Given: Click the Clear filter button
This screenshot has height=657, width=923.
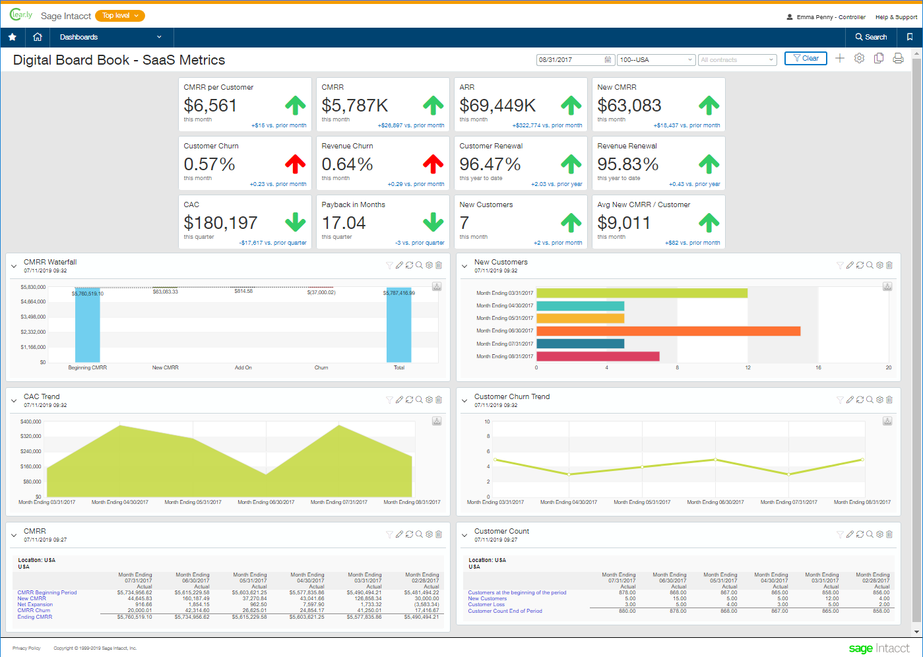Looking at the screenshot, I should click(806, 59).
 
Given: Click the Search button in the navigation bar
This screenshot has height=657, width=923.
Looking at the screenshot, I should click(871, 37).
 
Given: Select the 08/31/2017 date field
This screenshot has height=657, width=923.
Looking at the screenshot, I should click(571, 60).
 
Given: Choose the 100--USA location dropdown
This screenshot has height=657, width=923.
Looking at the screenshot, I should click(656, 60).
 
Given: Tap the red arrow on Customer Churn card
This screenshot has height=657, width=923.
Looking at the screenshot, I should click(295, 164).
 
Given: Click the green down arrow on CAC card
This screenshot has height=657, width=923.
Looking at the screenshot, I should click(295, 222).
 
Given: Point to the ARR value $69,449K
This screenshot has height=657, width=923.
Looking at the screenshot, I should click(497, 106).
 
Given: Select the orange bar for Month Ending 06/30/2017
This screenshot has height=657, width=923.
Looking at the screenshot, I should click(668, 331).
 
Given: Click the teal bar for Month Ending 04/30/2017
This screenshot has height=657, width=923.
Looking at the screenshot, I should click(580, 306).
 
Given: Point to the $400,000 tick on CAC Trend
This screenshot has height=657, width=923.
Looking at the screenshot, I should click(30, 422).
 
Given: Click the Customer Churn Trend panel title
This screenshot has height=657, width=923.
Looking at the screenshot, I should click(511, 396).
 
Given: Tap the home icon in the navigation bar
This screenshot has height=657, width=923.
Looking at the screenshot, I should click(38, 37).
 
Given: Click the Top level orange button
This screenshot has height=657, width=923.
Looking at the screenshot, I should click(119, 16).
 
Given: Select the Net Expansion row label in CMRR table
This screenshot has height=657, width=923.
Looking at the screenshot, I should click(35, 604).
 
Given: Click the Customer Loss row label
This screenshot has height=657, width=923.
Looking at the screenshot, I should click(486, 605).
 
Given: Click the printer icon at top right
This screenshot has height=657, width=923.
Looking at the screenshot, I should click(898, 59).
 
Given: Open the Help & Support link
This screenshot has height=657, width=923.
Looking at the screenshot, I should click(895, 17).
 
